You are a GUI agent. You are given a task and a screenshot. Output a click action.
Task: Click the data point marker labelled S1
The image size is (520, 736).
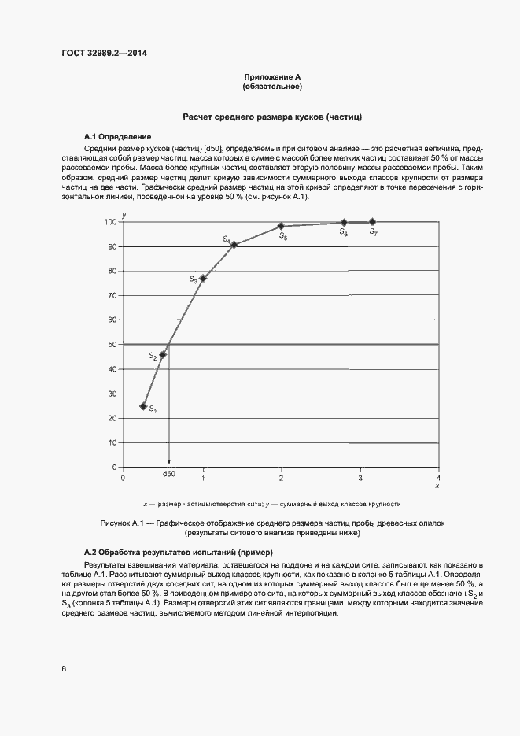tap(143, 406)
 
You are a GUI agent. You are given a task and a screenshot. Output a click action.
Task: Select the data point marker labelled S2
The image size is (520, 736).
tap(163, 354)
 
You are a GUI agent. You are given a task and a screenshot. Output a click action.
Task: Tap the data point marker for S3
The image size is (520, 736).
tap(203, 278)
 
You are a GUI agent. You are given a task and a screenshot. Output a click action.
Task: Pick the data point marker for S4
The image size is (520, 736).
tap(234, 245)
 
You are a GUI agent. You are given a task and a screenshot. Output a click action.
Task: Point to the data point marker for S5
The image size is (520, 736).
tap(281, 227)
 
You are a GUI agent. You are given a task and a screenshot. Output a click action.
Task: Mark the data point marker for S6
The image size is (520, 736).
tap(344, 223)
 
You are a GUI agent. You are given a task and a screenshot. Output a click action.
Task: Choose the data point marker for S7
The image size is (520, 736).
tap(372, 222)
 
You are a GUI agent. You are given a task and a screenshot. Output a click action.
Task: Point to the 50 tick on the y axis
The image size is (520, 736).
tap(112, 345)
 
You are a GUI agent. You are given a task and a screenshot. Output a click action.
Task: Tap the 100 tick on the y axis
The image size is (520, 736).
tap(110, 222)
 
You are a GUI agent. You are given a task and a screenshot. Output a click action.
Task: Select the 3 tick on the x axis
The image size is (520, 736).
tap(360, 478)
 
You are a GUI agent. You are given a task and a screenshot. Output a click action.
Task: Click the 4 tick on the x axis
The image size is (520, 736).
tap(439, 478)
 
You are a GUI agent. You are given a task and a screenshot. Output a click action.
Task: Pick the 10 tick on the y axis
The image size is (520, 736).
tap(112, 443)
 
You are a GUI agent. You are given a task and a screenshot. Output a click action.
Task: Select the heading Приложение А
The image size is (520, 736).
tap(272, 77)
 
